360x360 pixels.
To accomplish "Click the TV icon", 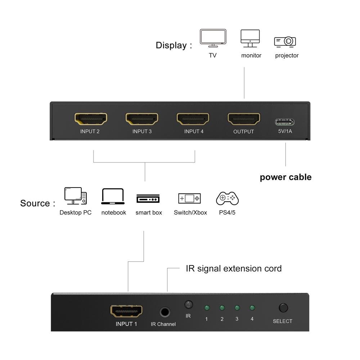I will click(x=213, y=38).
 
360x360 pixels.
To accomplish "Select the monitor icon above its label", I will click(x=250, y=38).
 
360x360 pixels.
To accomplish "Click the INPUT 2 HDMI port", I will click(x=91, y=118).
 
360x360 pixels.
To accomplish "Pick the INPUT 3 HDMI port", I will click(x=142, y=118).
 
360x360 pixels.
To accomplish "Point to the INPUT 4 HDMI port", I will click(x=193, y=118).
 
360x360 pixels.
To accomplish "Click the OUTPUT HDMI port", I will click(x=244, y=118).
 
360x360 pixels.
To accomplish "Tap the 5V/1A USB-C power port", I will click(x=285, y=121).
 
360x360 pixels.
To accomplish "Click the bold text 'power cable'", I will click(x=285, y=177).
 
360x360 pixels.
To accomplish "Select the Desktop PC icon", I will click(x=76, y=196).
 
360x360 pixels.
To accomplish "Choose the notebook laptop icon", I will click(x=113, y=197).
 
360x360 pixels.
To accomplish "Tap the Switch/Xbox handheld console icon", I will click(x=190, y=198).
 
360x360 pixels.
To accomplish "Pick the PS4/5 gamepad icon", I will click(x=227, y=198).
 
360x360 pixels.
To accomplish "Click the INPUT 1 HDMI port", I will click(x=126, y=311).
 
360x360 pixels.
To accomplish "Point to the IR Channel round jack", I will click(x=165, y=312).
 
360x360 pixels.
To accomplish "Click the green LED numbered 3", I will click(x=237, y=308).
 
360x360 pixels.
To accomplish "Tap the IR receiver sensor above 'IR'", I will click(x=188, y=305).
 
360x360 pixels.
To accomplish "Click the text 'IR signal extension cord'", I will click(x=234, y=269).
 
